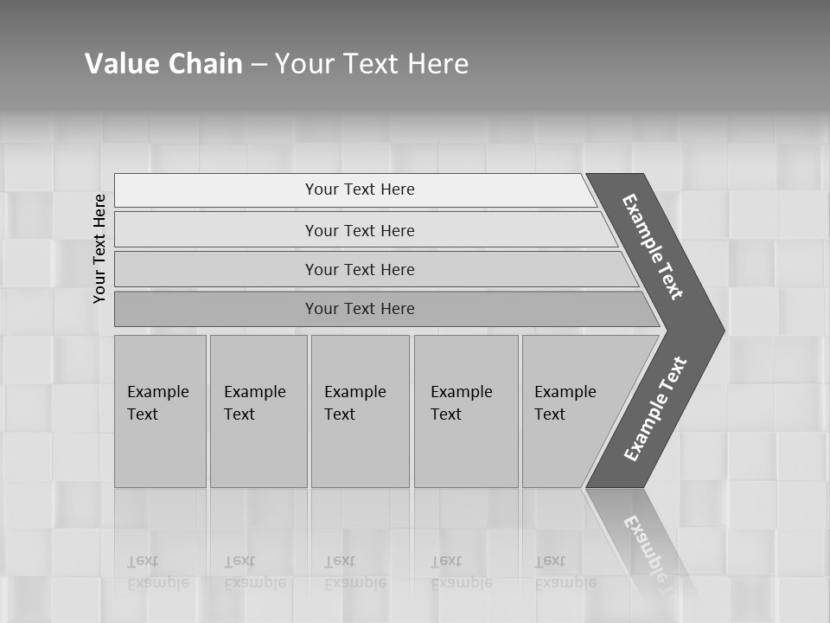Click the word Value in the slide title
(121, 64)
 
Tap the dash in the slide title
(259, 65)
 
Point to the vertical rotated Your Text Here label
(99, 248)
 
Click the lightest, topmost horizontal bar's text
(360, 189)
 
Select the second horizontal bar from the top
(360, 230)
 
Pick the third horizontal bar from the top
(360, 269)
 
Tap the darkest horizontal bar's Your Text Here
(360, 309)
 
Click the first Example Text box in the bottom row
(159, 403)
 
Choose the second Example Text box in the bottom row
(257, 403)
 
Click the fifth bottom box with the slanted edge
(567, 403)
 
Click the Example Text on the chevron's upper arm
(653, 247)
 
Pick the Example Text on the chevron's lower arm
(655, 409)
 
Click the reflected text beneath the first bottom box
(158, 572)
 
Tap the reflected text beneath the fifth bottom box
(565, 572)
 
